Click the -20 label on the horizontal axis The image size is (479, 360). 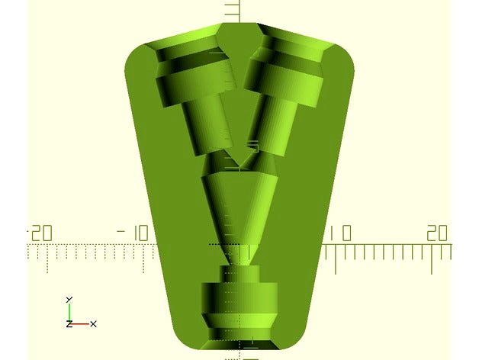click(x=38, y=233)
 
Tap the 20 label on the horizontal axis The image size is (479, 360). click(x=436, y=233)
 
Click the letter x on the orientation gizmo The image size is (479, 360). click(x=93, y=324)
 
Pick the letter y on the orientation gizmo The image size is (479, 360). click(x=69, y=299)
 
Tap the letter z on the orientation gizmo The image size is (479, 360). click(x=69, y=324)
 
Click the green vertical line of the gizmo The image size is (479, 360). click(x=69, y=312)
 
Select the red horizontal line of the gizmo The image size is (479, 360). click(x=80, y=323)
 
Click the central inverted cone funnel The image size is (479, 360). click(x=239, y=202)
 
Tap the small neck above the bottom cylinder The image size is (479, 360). click(x=239, y=272)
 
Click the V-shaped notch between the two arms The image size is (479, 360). click(x=239, y=156)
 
